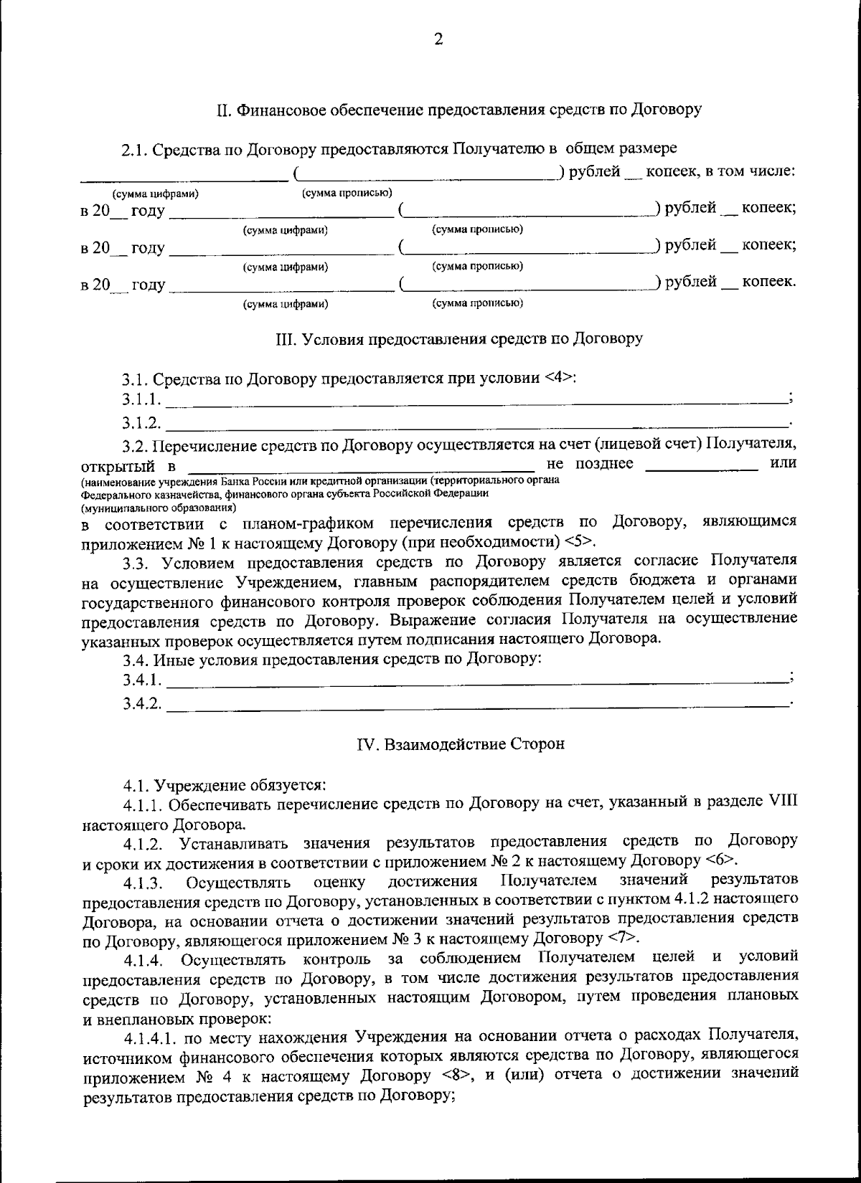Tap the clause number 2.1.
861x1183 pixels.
pos(133,150)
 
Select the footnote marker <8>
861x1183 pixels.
pos(456,1075)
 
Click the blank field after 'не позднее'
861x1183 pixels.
pos(701,467)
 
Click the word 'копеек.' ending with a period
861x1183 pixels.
pos(768,282)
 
